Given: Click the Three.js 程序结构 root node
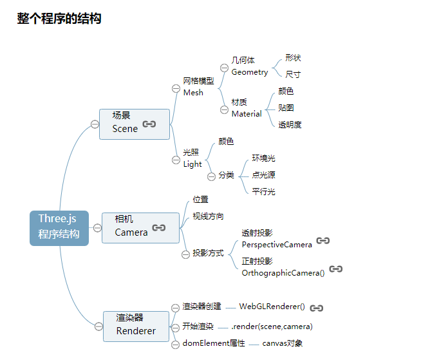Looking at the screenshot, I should pyautogui.click(x=59, y=227).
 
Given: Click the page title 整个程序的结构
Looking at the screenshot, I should pyautogui.click(x=59, y=19).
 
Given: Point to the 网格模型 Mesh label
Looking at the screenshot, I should pyautogui.click(x=198, y=87).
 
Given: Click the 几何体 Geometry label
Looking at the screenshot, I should pyautogui.click(x=249, y=66).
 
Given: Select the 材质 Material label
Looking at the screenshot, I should pyautogui.click(x=246, y=108).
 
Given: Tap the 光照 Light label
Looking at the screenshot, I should pyautogui.click(x=192, y=158).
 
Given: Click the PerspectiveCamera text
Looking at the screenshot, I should pyautogui.click(x=277, y=245).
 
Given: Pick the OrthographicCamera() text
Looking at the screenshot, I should pyautogui.click(x=283, y=273).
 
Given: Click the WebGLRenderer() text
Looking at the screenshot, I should pyautogui.click(x=272, y=307).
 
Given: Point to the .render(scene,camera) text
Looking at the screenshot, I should pyautogui.click(x=272, y=327).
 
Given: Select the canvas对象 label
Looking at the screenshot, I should pyautogui.click(x=282, y=343).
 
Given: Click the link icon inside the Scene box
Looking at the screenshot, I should pyautogui.click(x=149, y=124).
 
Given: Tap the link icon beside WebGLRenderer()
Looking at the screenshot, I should pyautogui.click(x=316, y=308).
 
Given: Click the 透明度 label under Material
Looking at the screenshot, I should pyautogui.click(x=290, y=124).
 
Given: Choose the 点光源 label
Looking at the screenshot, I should pyautogui.click(x=263, y=175).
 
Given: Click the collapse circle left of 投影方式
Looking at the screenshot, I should pyautogui.click(x=186, y=253).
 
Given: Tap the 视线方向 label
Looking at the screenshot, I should pyautogui.click(x=208, y=216).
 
